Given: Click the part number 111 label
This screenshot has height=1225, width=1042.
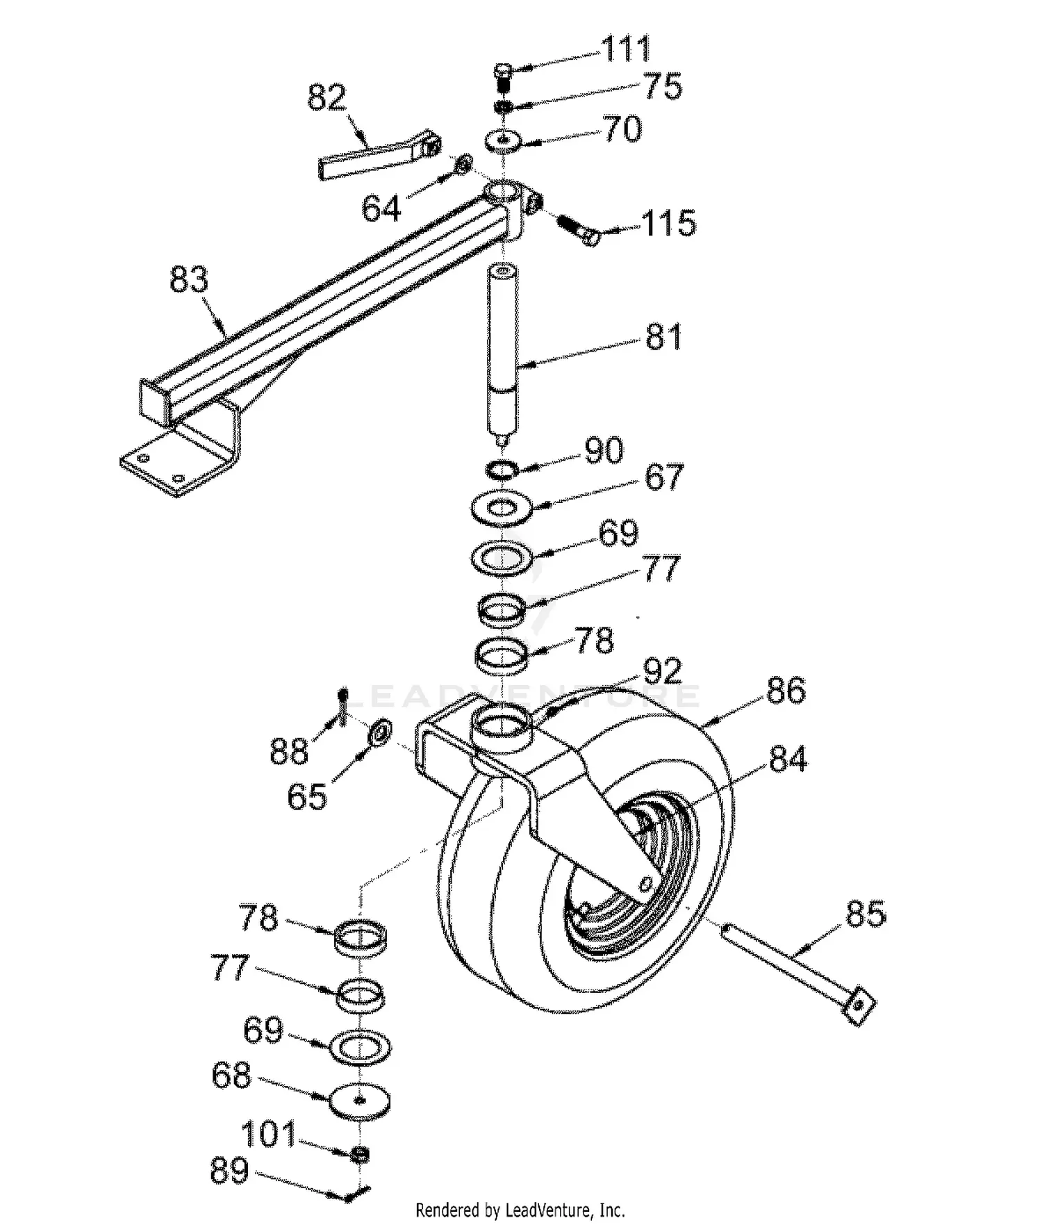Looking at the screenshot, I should click(x=625, y=49).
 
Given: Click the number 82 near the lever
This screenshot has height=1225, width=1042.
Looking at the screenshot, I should click(x=326, y=97).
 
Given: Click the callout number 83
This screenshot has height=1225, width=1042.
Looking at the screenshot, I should click(x=188, y=279).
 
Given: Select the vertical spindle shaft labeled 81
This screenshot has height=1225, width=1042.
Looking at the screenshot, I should click(x=503, y=347).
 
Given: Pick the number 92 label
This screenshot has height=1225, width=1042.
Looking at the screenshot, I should click(x=662, y=671).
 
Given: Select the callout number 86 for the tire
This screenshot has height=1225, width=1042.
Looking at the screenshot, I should click(x=786, y=691).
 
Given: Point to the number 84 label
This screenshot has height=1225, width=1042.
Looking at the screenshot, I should click(x=788, y=759).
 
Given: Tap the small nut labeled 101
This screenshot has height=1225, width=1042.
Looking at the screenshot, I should click(x=360, y=1156).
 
